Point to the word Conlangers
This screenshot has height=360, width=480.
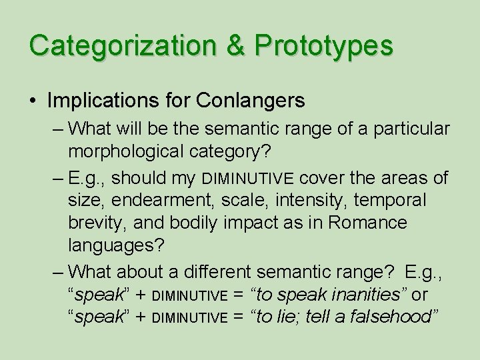tap(251, 101)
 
